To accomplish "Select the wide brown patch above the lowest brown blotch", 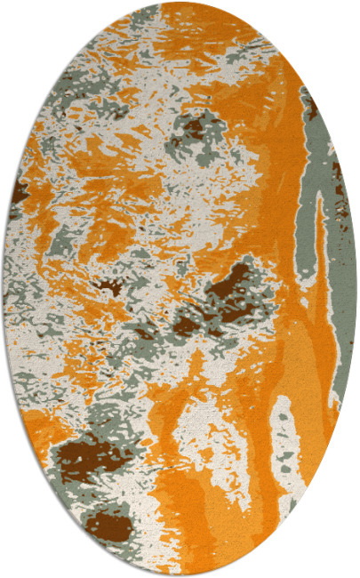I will click(x=89, y=459).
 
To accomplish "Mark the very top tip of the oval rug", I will click(x=180, y=3).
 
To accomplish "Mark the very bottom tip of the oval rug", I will click(x=180, y=575).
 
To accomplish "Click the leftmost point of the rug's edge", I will click(x=3, y=289).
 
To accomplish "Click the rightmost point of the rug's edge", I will click(x=356, y=289).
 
